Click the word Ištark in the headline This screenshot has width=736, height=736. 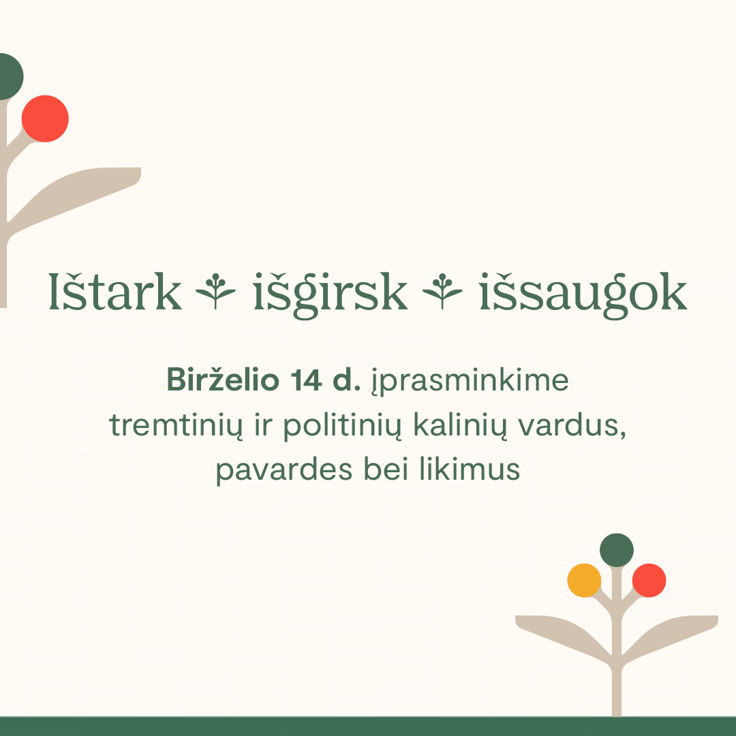click(x=115, y=292)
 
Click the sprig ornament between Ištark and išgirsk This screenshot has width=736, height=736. click(x=215, y=291)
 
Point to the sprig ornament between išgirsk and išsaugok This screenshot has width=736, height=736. click(x=442, y=291)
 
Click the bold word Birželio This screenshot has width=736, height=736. click(x=224, y=380)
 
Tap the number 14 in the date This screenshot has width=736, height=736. click(x=306, y=380)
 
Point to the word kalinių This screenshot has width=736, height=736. click(x=461, y=425)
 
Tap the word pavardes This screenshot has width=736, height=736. click(x=284, y=470)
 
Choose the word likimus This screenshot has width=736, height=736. click(x=470, y=468)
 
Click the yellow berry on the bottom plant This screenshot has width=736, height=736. click(x=584, y=580)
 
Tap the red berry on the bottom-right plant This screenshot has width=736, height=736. click(x=649, y=580)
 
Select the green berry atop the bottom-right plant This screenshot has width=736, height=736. click(x=617, y=550)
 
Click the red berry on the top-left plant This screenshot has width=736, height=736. click(x=45, y=119)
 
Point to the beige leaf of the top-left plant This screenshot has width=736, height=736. click(x=80, y=192)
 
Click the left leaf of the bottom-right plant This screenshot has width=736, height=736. click(x=561, y=633)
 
